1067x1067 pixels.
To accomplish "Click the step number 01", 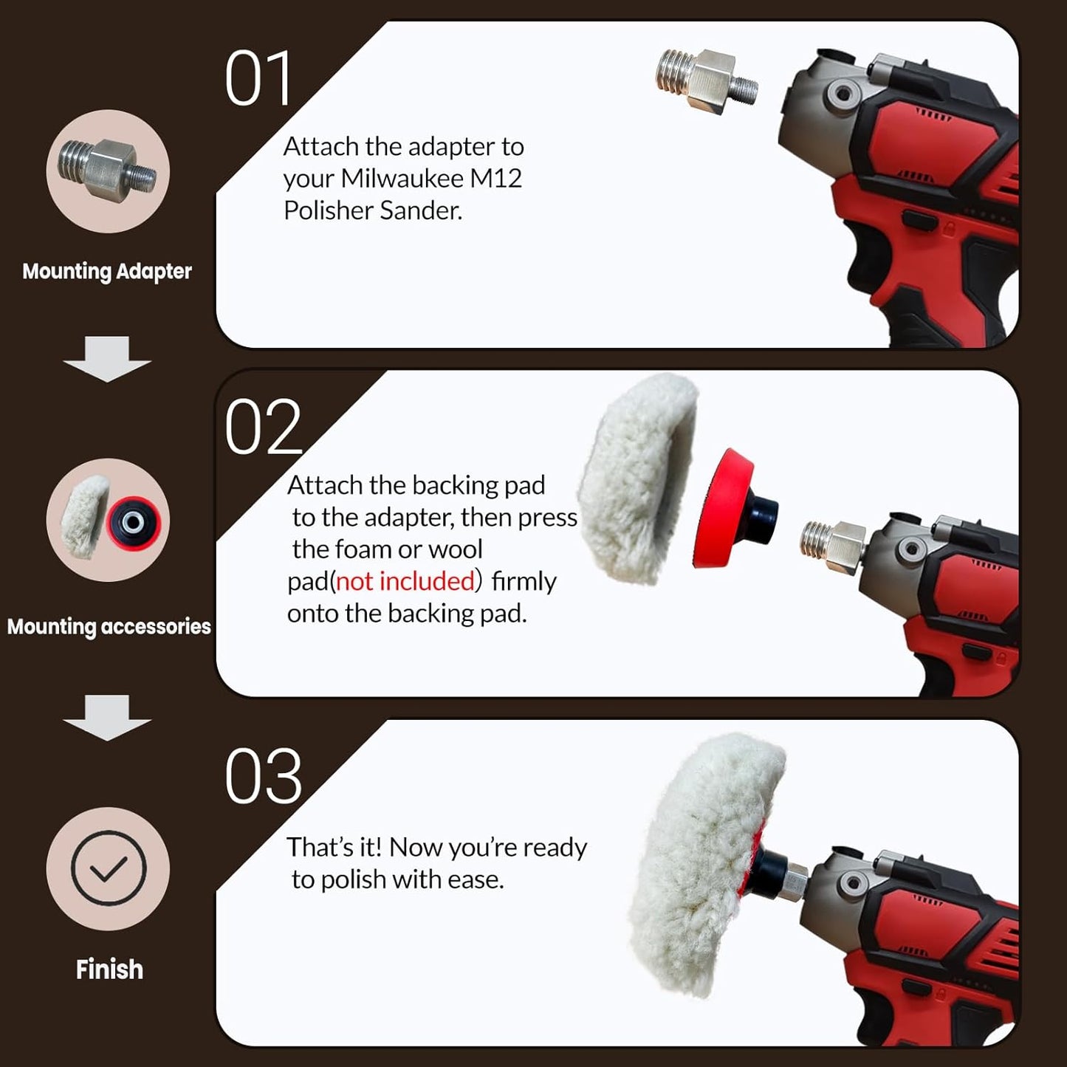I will click(258, 79).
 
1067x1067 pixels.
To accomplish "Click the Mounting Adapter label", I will click(107, 272).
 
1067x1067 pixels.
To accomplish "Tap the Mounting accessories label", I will click(109, 627).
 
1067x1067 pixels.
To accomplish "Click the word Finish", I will click(109, 970).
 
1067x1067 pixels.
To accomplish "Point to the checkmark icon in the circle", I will click(109, 868).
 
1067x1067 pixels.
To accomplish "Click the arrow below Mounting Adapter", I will click(107, 360).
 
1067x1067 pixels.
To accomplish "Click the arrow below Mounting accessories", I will click(107, 718).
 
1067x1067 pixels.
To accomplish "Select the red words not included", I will click(405, 582).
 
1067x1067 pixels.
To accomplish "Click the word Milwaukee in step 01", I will click(402, 179).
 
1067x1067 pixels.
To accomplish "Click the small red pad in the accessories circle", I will click(134, 522).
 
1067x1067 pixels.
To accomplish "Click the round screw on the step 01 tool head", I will click(840, 93).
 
